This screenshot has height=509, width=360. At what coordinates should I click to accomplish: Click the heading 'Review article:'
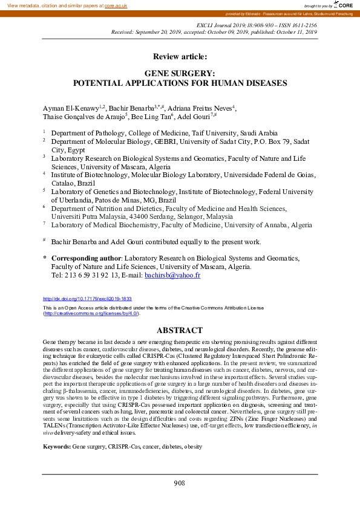pos(180,56)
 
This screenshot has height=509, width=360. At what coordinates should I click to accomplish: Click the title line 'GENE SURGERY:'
pos(180,73)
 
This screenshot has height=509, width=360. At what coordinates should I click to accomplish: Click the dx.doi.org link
pos(87,299)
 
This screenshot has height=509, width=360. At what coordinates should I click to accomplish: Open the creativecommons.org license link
pos(91,314)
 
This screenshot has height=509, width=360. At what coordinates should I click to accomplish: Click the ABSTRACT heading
pos(180,331)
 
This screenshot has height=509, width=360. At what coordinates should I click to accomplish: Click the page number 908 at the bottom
pos(180,482)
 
